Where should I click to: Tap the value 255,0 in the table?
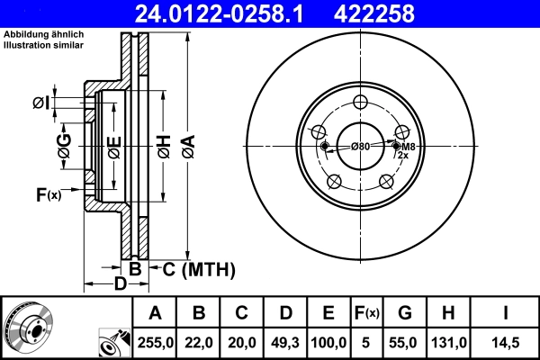[155, 343]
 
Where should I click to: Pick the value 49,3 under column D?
[284, 343]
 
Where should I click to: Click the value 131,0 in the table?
[447, 343]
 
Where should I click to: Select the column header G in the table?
[404, 313]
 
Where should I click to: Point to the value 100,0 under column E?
[328, 343]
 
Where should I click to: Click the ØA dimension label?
[187, 145]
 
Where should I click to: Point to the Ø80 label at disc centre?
[360, 146]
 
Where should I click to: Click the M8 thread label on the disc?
[408, 147]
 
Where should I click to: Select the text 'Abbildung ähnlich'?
[43, 33]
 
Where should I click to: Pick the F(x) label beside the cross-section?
[47, 194]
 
